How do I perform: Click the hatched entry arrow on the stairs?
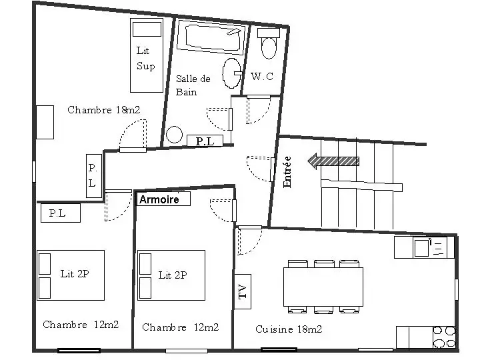point(333,161)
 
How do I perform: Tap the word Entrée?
point(287,172)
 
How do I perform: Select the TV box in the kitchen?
point(243,291)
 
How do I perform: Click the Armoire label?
point(159,199)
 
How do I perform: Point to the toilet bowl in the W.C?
point(269,47)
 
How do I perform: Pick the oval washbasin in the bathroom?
point(232,73)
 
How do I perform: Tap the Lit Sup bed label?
point(146,58)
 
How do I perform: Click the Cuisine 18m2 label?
point(289,329)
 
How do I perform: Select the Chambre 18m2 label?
point(104,109)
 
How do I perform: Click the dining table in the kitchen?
point(323,287)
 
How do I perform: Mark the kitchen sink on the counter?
point(421,248)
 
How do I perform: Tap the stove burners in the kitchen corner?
point(444,337)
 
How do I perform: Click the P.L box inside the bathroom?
point(205,141)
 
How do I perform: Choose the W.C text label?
point(262,76)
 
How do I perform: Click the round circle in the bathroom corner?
point(174,135)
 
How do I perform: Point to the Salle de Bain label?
point(193,85)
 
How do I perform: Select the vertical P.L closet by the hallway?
point(94,176)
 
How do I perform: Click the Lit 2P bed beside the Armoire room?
point(171,275)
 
